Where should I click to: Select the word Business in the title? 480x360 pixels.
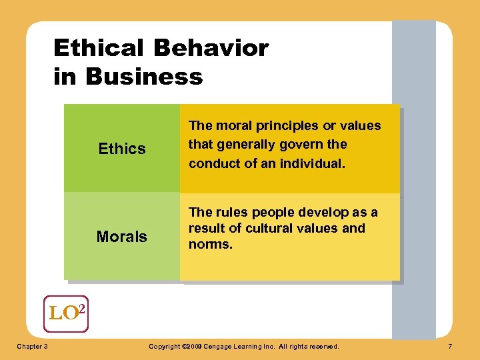pos(144,77)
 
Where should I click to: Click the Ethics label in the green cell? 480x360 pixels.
pos(122,149)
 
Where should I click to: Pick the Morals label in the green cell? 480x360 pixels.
pos(122,237)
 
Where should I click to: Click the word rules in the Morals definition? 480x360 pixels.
pos(230,213)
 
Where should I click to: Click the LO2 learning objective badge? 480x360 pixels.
pos(66,313)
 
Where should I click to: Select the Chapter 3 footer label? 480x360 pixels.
pos(31,347)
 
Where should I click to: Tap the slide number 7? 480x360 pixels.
pos(451,347)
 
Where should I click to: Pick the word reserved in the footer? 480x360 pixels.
pos(322,347)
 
